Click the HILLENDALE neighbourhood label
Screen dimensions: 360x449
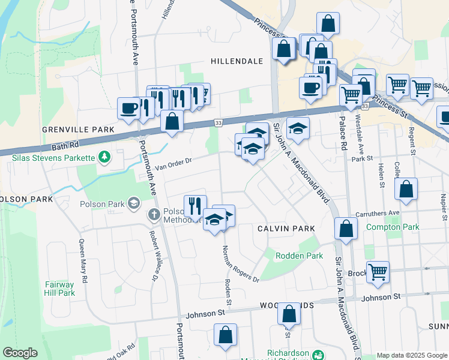(x=237, y=61)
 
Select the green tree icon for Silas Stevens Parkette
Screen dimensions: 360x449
(x=105, y=157)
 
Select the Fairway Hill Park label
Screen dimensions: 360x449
(x=59, y=289)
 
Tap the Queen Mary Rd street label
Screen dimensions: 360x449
(x=83, y=262)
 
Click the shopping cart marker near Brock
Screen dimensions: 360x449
(x=378, y=272)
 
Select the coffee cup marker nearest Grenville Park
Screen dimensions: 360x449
(x=128, y=108)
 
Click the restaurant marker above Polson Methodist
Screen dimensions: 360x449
(x=194, y=206)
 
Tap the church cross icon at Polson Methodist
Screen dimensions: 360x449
(x=154, y=214)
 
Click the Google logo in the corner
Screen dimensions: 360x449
(x=20, y=353)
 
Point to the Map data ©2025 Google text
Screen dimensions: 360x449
(x=411, y=355)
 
